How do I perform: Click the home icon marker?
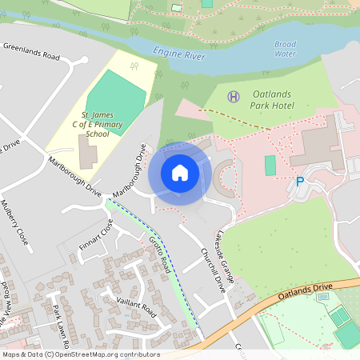(x=180, y=173)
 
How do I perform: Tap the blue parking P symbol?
(x=300, y=182)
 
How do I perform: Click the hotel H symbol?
(x=234, y=97)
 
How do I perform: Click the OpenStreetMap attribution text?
(x=80, y=354)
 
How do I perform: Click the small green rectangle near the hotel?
(x=270, y=166)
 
